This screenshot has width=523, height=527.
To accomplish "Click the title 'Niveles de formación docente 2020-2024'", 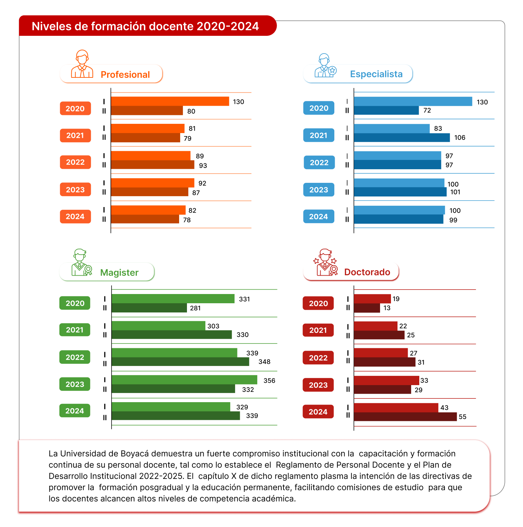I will (x=145, y=26).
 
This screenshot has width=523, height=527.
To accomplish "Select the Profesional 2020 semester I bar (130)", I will (x=170, y=101).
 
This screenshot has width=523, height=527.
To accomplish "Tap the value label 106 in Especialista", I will (x=460, y=137).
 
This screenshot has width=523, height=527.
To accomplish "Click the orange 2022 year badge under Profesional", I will (x=75, y=162).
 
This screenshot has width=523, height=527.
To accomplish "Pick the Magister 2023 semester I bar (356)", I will (x=184, y=380).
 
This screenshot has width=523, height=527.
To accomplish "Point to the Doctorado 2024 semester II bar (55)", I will (x=405, y=416).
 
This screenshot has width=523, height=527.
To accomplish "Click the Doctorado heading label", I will (x=367, y=272).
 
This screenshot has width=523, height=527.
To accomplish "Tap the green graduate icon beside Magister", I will (x=81, y=262).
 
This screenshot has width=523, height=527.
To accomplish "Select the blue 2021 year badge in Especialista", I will (x=319, y=135).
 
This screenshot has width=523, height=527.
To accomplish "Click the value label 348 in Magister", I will (x=264, y=362).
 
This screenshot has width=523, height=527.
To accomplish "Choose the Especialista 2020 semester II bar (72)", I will (x=386, y=111).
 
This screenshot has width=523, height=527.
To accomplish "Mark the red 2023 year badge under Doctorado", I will (x=318, y=385).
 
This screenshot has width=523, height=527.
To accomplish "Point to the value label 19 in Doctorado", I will (x=396, y=299).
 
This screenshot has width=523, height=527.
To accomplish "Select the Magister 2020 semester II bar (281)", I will (x=149, y=308).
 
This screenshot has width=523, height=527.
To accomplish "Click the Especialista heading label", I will (x=376, y=74).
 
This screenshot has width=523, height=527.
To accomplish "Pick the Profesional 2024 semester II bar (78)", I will (x=145, y=219).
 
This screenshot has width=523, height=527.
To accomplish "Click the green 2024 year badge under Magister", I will (x=75, y=411).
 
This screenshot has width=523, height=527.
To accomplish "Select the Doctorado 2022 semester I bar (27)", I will (x=381, y=353).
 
